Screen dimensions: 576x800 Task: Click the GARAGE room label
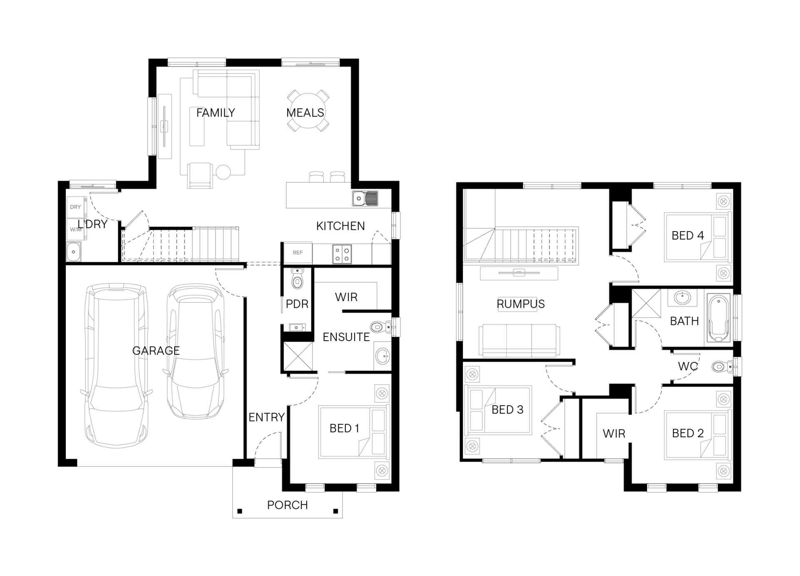coord(156,351)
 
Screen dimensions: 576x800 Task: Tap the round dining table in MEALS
coord(307,111)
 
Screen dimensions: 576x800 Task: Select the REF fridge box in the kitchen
coord(297,253)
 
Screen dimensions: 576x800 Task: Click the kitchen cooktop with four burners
coord(342,254)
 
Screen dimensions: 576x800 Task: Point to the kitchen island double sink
coord(365,198)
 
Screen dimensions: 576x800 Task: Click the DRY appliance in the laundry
coord(76,207)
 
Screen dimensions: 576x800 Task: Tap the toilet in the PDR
coord(297,279)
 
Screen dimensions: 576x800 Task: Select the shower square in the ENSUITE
coord(298,356)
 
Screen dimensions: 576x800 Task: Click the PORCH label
coord(287,505)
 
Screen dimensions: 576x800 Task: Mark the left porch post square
coord(240,511)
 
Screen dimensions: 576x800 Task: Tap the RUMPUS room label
coord(520,304)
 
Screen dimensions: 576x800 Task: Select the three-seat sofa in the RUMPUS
coord(519,341)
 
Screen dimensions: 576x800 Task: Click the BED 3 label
coord(507,410)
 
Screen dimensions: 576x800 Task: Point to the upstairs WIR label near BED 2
coord(614,434)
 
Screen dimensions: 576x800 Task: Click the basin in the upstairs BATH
coord(682,298)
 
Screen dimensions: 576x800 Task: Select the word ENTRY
coord(267,417)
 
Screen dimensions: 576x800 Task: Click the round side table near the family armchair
coord(223,172)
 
